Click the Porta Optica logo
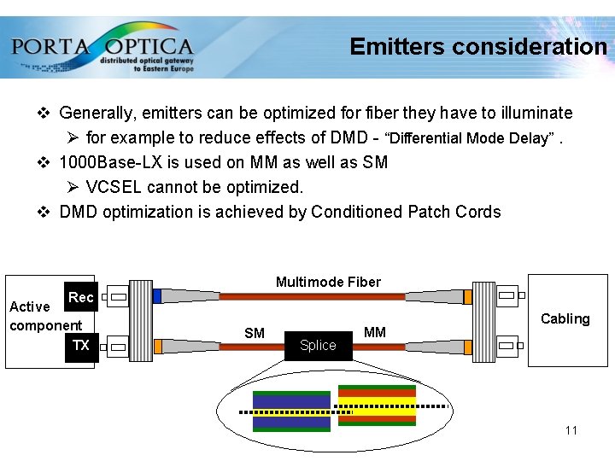[x=102, y=49]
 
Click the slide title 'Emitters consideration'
[x=477, y=46]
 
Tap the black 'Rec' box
[x=81, y=297]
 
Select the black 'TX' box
[x=82, y=346]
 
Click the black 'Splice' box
[x=318, y=346]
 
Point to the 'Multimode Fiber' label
[x=328, y=282]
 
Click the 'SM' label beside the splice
[x=255, y=333]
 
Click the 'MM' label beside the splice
[x=375, y=332]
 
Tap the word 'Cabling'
[x=565, y=318]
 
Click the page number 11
[x=571, y=430]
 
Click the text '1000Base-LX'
[x=107, y=162]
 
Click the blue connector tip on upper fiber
[x=156, y=296]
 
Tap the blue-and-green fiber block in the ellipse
[x=291, y=411]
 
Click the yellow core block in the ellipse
[x=377, y=405]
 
